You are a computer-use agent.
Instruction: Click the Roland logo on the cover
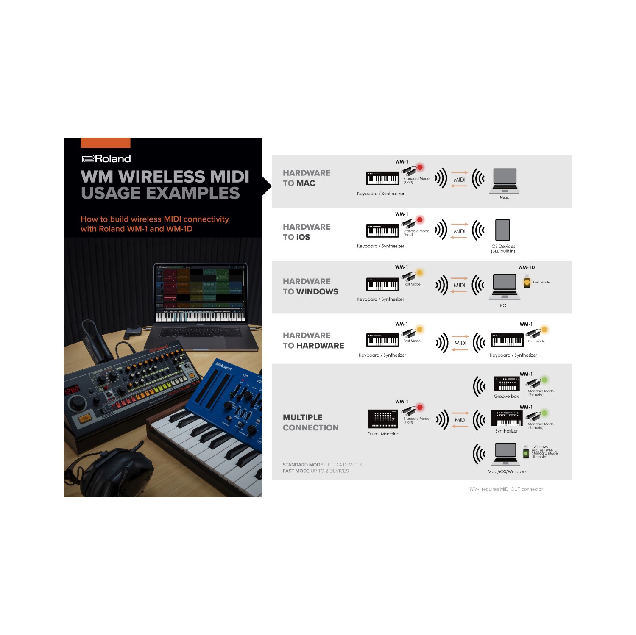(106, 159)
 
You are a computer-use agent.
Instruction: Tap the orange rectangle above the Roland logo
(105, 143)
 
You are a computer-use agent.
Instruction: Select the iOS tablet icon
(502, 230)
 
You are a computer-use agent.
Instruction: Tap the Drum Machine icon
(382, 419)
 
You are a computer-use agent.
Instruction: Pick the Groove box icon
(507, 384)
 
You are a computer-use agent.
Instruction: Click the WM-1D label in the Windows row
(526, 267)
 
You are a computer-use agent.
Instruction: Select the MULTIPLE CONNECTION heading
(310, 423)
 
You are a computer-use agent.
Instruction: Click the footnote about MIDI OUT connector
(505, 489)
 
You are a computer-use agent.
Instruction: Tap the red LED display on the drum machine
(71, 390)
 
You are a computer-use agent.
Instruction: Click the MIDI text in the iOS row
(460, 231)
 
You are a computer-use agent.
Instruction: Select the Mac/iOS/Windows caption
(507, 471)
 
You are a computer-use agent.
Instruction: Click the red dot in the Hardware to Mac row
(420, 167)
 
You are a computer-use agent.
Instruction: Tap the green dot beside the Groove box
(544, 380)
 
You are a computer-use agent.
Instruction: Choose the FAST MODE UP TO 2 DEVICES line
(315, 471)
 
